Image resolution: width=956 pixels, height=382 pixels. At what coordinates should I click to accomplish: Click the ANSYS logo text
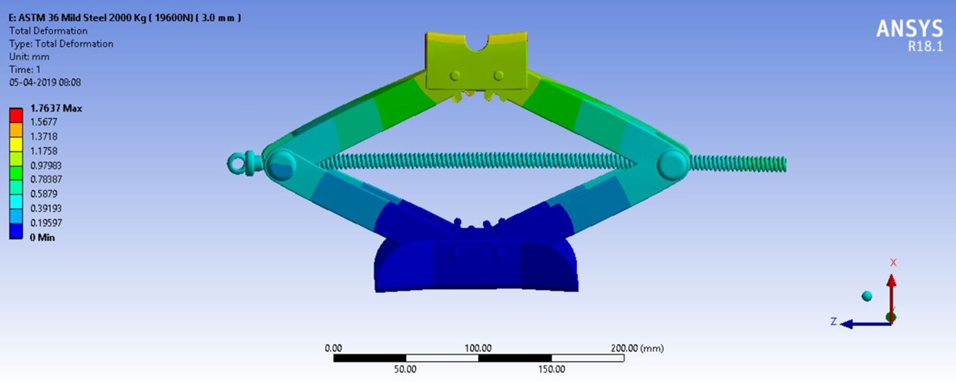(910, 28)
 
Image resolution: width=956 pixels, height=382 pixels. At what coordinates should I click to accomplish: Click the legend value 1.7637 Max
(57, 108)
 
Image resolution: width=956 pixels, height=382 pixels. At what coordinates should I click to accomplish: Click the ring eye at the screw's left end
(237, 163)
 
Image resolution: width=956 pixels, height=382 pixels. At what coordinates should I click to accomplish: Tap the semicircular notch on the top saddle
(477, 43)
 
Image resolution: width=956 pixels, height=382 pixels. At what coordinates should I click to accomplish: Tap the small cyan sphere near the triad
(867, 296)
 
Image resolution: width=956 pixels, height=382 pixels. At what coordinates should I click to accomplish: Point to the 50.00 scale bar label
(405, 369)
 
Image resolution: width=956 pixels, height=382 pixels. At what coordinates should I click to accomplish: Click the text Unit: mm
(29, 57)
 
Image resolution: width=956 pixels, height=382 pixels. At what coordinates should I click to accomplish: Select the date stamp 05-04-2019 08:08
(44, 82)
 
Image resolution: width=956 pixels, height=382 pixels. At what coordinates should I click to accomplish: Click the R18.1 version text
(925, 46)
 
